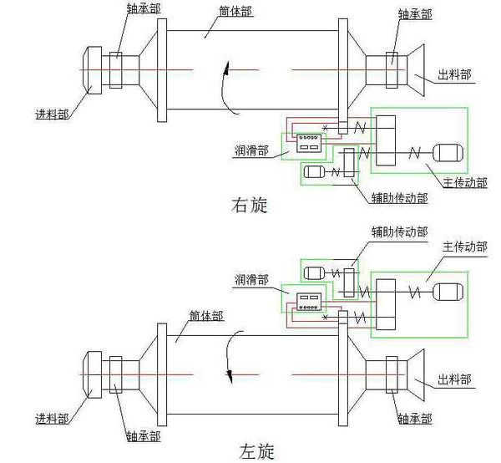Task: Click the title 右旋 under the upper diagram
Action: pos(249,205)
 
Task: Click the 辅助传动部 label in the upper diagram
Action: pos(399,198)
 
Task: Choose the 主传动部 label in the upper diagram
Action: pos(465,181)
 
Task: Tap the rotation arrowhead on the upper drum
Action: pos(223,76)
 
